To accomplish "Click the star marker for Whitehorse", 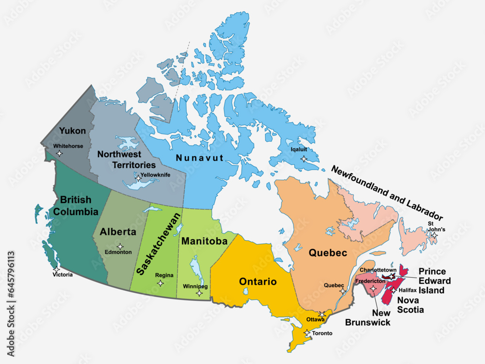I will (x=60, y=153).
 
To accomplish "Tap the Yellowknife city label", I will (x=155, y=175).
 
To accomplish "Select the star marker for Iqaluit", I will (x=304, y=159).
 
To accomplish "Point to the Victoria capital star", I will (x=57, y=269).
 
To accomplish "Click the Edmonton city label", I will (x=118, y=252).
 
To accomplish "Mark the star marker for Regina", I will (x=160, y=282).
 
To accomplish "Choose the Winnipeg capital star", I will (x=199, y=293).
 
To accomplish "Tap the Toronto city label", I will (x=322, y=333).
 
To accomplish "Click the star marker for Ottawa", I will (x=322, y=314).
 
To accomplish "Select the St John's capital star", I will (x=435, y=235).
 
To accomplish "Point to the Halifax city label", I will (x=407, y=290).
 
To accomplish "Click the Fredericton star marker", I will (x=373, y=288).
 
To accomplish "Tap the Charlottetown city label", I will (x=378, y=270).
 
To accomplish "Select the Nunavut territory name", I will (x=199, y=158).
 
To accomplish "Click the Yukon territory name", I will (x=72, y=131).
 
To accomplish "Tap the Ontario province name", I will (x=258, y=281).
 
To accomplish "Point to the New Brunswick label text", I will (x=368, y=318).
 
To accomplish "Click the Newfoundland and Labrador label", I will (x=387, y=193).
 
